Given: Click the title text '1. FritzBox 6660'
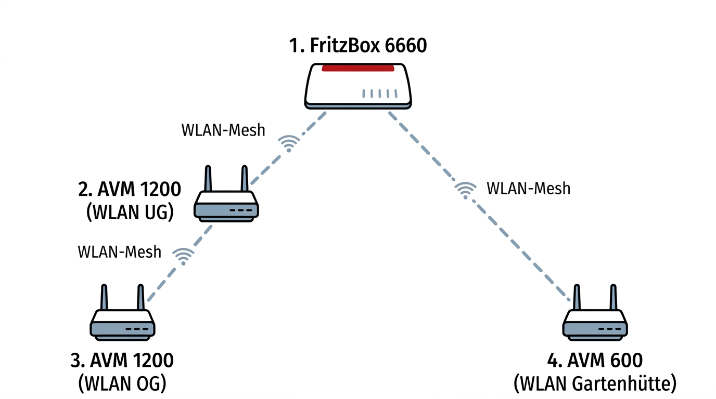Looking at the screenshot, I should [x=358, y=46].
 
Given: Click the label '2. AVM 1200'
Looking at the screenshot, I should [x=130, y=189].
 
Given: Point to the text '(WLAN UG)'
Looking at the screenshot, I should [x=130, y=212].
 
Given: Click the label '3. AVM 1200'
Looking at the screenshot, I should [x=122, y=360].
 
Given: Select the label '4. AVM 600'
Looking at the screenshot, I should [x=595, y=360].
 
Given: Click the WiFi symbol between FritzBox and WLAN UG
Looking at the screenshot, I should [x=288, y=143].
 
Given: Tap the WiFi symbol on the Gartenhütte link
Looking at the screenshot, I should [x=465, y=190].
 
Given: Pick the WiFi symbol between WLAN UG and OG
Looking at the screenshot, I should [x=183, y=255].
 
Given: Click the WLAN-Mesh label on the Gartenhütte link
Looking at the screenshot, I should [x=528, y=188].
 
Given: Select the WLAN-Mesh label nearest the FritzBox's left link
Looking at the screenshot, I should [x=223, y=130].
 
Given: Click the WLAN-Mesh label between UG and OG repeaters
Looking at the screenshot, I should [x=120, y=252].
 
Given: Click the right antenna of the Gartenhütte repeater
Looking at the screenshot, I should [x=613, y=297].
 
